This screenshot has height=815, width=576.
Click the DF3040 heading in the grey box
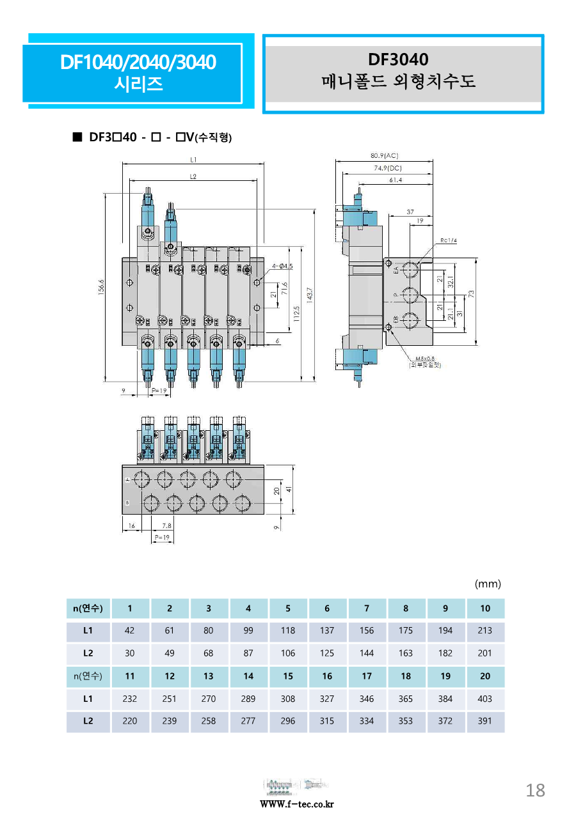pos(397,60)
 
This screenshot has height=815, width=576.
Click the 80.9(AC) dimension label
pos(384,155)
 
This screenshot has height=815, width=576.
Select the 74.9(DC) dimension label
pos(383,168)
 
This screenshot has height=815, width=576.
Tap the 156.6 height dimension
pos(101,288)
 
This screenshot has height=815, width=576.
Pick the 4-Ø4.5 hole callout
pos(282,265)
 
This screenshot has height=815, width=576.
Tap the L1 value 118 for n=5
pos(288,630)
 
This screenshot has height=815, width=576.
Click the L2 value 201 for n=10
pos(485,653)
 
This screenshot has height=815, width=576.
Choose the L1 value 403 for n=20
pos(485,699)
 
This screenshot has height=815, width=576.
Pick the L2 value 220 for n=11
pos(129,721)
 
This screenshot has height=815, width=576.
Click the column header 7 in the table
pos(367,608)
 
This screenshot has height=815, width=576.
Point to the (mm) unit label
pos(488,584)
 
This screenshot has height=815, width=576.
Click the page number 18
pos(535,791)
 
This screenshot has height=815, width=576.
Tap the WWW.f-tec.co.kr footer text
pos(297,804)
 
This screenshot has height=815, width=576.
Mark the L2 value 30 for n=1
pos(129,653)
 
